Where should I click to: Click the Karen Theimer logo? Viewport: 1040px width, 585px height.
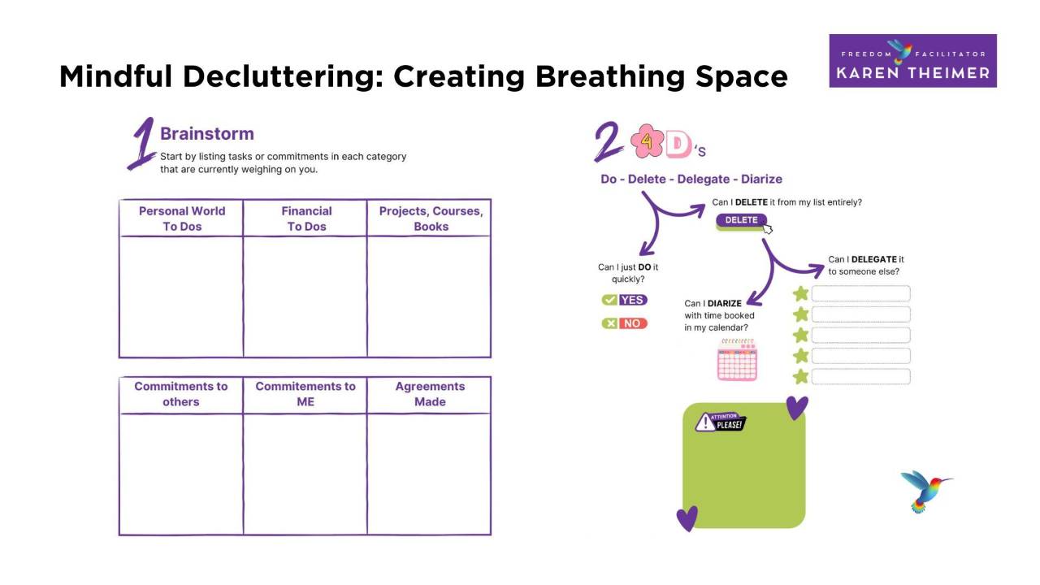click(x=912, y=61)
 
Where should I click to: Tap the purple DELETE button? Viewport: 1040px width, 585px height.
click(x=741, y=220)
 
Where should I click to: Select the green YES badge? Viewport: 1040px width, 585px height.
click(x=625, y=300)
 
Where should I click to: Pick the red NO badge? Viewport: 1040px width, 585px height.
click(x=625, y=323)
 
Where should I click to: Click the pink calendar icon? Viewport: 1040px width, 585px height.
click(x=737, y=360)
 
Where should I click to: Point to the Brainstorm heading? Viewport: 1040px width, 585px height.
click(x=206, y=134)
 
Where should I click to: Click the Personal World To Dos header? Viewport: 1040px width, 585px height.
click(x=181, y=219)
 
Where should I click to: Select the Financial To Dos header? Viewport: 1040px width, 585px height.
click(x=306, y=219)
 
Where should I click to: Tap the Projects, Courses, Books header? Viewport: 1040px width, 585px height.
click(x=431, y=219)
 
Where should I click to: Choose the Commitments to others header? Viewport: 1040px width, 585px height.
click(x=181, y=394)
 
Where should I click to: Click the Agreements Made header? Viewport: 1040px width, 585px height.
click(x=430, y=394)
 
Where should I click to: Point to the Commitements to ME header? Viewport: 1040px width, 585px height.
click(x=305, y=394)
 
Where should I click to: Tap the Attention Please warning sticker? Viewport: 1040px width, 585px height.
click(x=720, y=422)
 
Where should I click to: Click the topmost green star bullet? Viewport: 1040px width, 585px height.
click(x=801, y=293)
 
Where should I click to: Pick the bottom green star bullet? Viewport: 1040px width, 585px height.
click(x=801, y=376)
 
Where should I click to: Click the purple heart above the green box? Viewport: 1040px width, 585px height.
click(x=797, y=407)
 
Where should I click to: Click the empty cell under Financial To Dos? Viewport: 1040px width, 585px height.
click(x=305, y=297)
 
